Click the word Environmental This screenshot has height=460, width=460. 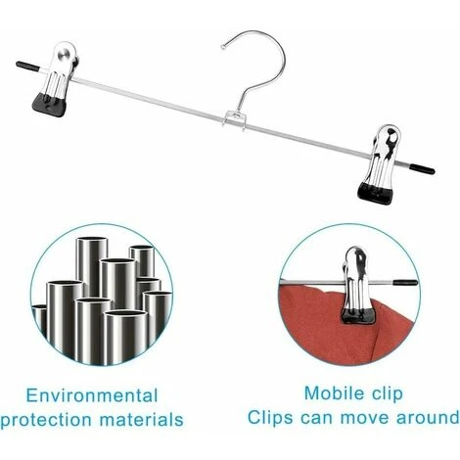point(92,395)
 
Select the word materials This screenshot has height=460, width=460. point(142,419)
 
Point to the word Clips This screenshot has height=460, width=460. point(270,418)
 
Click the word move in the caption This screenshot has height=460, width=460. point(365,418)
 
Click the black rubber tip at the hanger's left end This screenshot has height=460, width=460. point(27,66)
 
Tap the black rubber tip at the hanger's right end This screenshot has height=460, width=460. point(422,168)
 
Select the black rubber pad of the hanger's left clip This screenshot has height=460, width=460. point(49,105)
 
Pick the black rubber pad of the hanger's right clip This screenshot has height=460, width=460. point(375,193)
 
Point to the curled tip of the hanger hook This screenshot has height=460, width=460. point(224,47)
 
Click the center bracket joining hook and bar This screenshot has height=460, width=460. point(234,119)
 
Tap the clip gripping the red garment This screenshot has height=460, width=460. point(357,286)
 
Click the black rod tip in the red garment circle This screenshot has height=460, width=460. point(405,283)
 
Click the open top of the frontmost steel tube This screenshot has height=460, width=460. point(125,314)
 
